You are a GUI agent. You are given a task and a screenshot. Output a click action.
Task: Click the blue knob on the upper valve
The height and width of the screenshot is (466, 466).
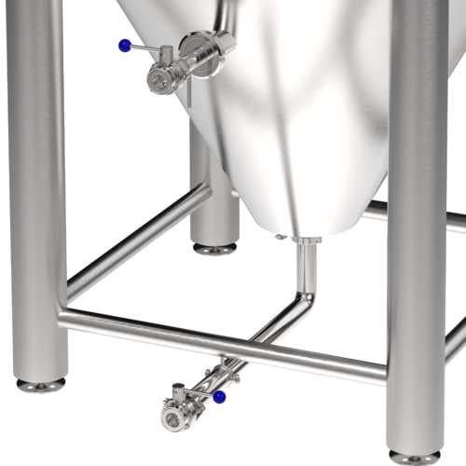tap(124, 45)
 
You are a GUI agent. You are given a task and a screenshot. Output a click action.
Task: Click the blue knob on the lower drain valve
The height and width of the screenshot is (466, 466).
tap(219, 397)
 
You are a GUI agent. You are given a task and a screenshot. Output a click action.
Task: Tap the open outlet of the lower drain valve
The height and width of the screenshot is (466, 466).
tap(172, 415)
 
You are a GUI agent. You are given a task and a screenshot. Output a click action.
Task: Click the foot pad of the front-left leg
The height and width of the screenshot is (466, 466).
tap(41, 384)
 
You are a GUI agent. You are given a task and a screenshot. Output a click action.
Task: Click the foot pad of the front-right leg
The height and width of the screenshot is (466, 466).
tap(415, 458)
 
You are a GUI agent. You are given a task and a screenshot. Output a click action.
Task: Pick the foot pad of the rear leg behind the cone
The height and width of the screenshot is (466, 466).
tap(214, 249)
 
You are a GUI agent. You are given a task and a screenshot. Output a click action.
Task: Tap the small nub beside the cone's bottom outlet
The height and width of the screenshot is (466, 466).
tap(281, 238)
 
